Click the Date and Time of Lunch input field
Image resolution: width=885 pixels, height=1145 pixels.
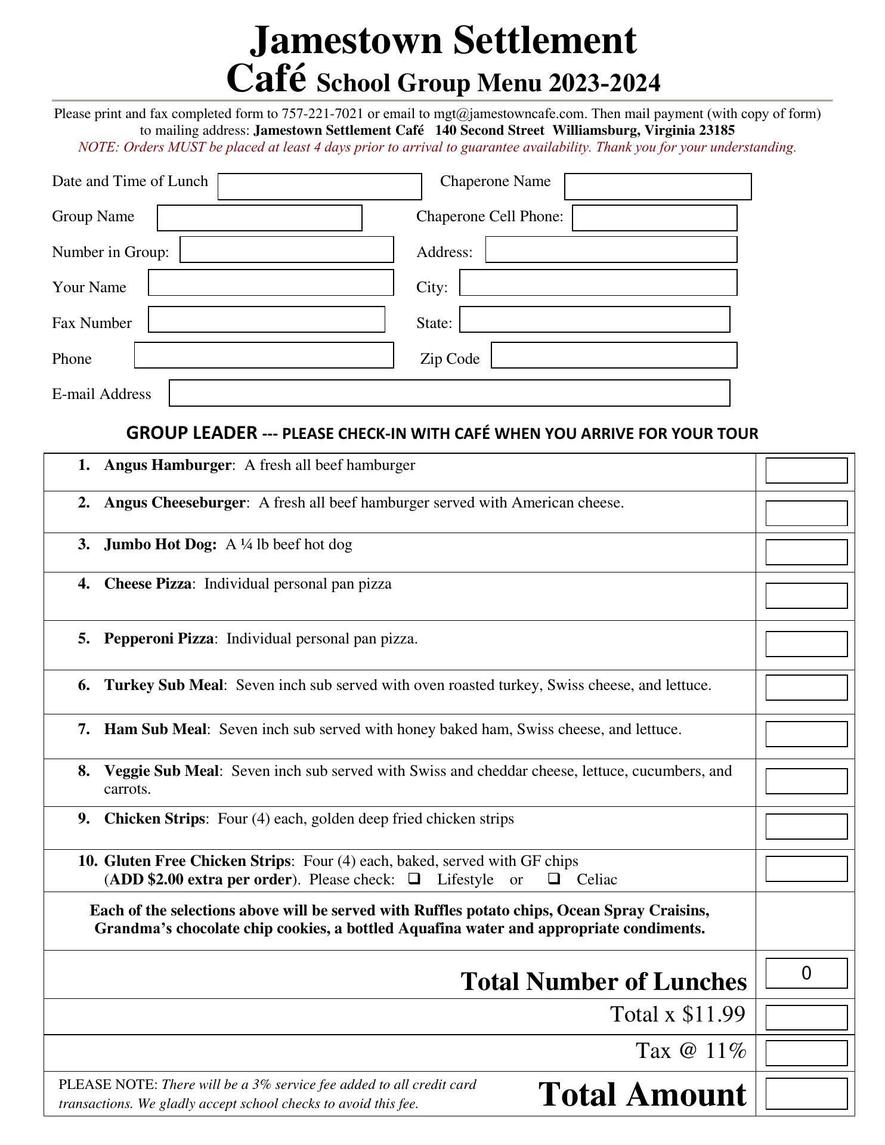pos(320,187)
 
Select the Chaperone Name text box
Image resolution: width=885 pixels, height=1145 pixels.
pos(657,187)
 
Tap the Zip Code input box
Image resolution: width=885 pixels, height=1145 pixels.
pos(614,355)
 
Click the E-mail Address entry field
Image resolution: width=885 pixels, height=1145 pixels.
pos(449,393)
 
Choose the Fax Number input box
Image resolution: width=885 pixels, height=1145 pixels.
pos(266,320)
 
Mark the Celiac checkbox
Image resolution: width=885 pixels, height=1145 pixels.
pos(554,878)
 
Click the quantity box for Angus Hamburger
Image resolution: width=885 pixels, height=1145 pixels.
pos(806,471)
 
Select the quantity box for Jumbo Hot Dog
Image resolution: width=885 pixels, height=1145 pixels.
pos(806,552)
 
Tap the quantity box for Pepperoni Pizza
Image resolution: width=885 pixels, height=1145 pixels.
pos(806,644)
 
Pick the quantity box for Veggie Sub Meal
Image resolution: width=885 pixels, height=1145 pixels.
pos(806,781)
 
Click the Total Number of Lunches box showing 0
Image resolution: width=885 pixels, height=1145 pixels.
pos(806,973)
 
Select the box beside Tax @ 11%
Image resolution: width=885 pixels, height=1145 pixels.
pos(806,1053)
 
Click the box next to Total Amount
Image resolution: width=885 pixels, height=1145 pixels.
pos(806,1094)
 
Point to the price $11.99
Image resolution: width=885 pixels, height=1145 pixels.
pos(714,1014)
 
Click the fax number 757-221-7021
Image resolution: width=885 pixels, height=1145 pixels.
pos(322,114)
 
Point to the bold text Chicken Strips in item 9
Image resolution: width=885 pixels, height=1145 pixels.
pos(154,819)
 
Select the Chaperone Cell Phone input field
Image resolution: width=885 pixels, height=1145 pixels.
pos(654,218)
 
